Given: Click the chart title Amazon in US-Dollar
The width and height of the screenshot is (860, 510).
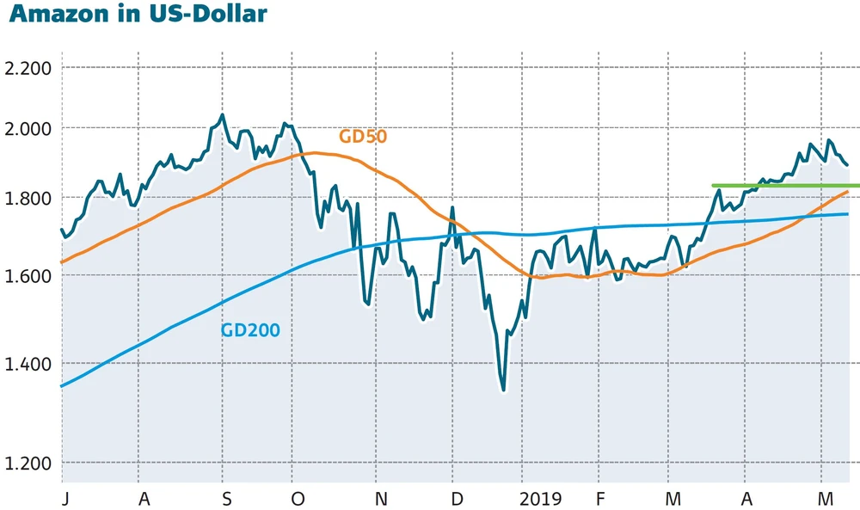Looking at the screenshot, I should point(135,15).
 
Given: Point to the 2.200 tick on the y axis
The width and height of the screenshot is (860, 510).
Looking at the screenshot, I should point(28,68).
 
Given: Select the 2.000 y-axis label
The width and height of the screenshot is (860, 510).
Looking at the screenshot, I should point(28,128).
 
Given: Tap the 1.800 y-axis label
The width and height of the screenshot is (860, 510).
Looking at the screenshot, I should point(28,199).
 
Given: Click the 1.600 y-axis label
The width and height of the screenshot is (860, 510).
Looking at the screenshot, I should point(28,276).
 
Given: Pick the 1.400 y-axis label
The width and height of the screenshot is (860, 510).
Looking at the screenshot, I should point(28,364).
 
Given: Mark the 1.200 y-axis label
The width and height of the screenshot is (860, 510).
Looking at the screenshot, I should point(28,464).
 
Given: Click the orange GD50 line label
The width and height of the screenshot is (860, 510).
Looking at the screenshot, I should point(363,136).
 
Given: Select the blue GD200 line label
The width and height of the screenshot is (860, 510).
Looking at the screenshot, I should point(250,329).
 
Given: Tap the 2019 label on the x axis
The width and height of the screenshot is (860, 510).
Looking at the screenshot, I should point(539,500).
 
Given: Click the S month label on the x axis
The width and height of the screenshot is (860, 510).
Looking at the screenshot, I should point(225,500).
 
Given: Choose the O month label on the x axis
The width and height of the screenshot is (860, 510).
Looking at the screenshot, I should point(298,500).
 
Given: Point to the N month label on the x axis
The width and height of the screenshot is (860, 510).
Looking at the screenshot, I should point(380,500).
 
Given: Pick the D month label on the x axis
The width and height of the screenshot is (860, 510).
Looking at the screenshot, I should point(457,500).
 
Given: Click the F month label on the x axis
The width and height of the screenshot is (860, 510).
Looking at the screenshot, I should point(599,500).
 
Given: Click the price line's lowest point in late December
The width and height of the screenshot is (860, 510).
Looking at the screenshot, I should point(503,390).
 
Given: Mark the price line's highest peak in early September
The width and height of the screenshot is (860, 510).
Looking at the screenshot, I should point(222,114).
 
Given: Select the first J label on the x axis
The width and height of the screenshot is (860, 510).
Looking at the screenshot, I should point(65,500).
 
